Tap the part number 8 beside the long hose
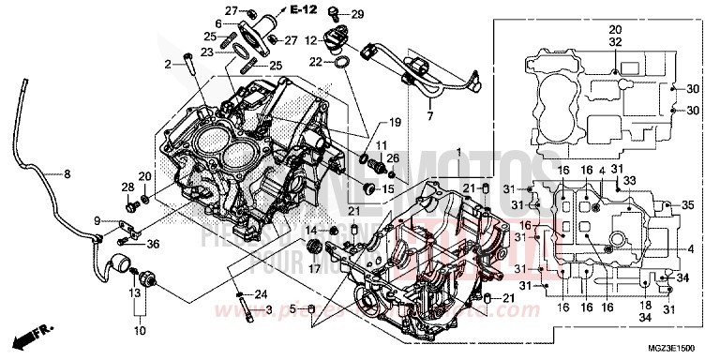(67, 173)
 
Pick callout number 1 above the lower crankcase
(458, 152)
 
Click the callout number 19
(394, 122)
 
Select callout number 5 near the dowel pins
(293, 308)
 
